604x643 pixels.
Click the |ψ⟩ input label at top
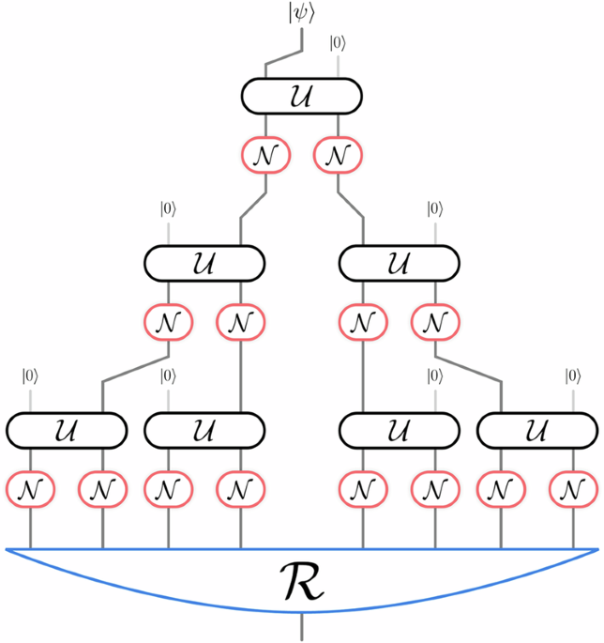302,14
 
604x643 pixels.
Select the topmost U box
302,95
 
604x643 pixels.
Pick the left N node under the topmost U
265,154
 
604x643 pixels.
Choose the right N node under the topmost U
338,154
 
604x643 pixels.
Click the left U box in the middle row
204,262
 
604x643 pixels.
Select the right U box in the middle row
398,262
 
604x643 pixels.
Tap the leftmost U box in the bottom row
67,431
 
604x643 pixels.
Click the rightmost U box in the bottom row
536,431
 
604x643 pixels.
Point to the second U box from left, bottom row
204,431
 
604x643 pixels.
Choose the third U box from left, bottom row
398,431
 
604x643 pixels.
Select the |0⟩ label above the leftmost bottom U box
30,377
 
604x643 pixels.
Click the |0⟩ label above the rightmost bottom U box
573,377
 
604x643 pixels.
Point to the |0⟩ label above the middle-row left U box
168,208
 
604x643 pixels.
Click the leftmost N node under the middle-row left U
168,322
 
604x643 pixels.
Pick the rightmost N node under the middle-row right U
434,322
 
